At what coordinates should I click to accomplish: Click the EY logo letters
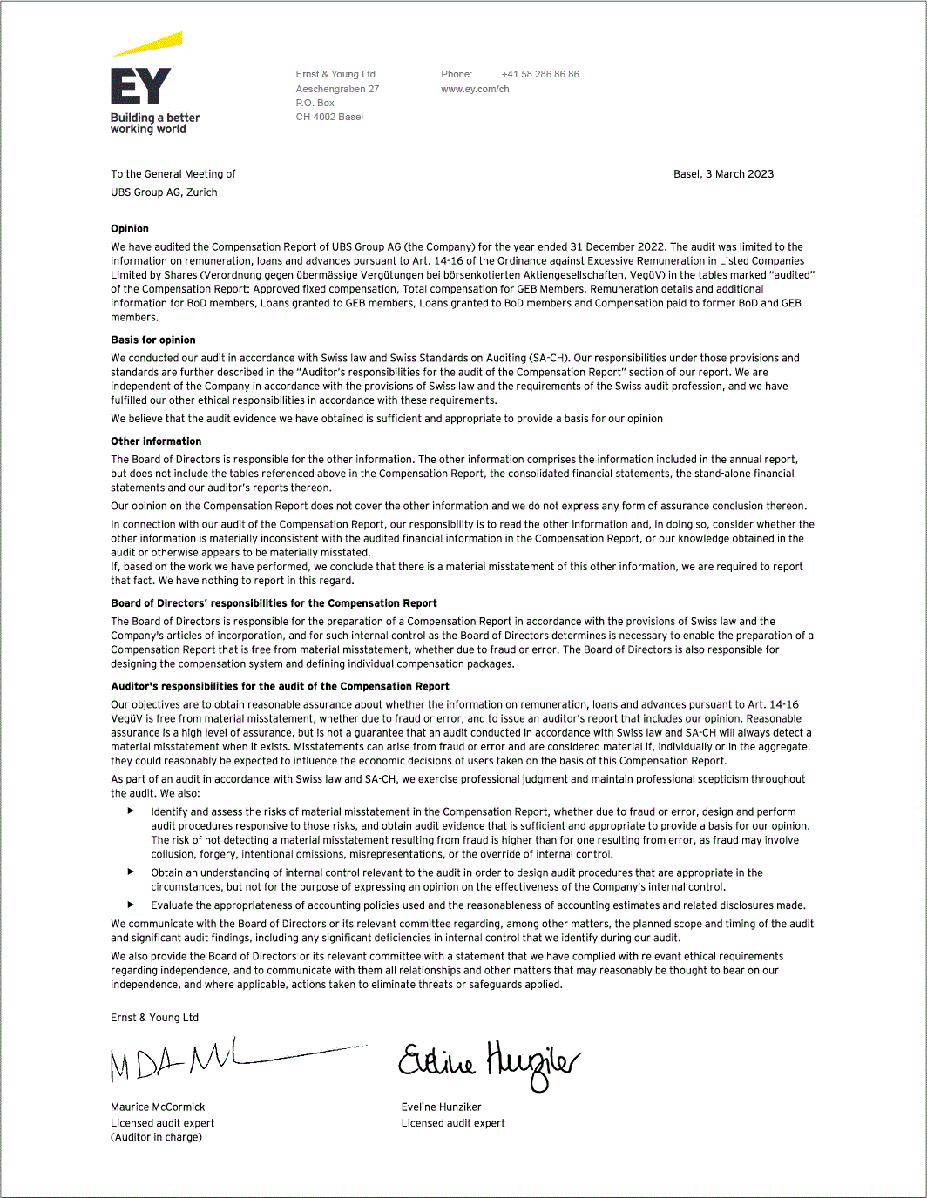coord(140,87)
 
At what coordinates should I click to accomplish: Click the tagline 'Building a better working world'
coord(154,124)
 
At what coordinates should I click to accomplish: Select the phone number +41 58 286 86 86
coord(539,74)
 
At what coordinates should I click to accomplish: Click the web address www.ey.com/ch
coord(475,89)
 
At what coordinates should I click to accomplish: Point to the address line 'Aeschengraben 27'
coord(337,89)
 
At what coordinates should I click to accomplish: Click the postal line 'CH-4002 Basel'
coord(329,117)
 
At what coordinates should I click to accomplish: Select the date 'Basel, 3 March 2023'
coord(723,174)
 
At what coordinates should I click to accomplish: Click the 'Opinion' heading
coord(130,229)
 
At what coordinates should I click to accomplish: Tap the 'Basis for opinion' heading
coord(153,340)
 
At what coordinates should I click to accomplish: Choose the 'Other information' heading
coord(156,441)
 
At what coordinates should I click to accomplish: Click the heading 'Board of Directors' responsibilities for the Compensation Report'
coord(274,603)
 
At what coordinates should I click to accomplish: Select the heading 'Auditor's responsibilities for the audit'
coord(280,687)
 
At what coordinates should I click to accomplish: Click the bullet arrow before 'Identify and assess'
coord(132,811)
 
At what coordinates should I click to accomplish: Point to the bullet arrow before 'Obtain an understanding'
coord(132,872)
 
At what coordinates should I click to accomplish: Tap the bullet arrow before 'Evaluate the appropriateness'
coord(132,905)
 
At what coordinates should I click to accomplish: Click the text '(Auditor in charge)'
coord(156,1137)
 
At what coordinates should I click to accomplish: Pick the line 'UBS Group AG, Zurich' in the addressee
coord(164,192)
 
